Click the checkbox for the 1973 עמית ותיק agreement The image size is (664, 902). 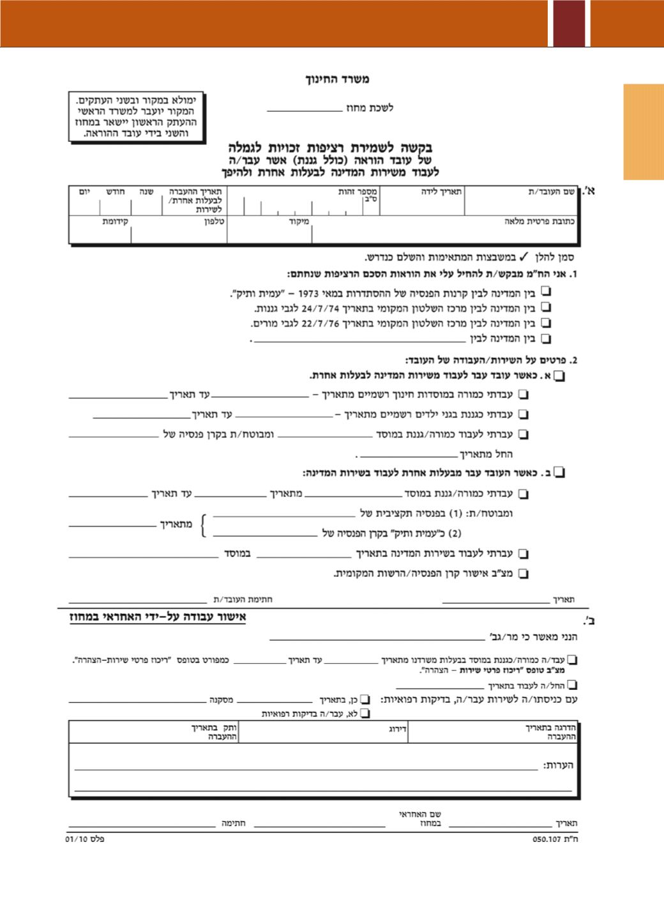coord(547,292)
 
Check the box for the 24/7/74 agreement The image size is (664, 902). coord(547,308)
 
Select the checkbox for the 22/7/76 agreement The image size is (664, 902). coord(547,323)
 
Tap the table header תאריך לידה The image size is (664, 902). coord(442,191)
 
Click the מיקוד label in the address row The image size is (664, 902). coord(299,222)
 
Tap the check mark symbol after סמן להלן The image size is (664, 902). coord(523,257)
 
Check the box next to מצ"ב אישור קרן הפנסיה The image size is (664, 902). coord(524,574)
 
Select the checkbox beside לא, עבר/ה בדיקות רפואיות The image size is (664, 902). coord(365,714)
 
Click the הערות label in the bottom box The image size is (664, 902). coord(559,765)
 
